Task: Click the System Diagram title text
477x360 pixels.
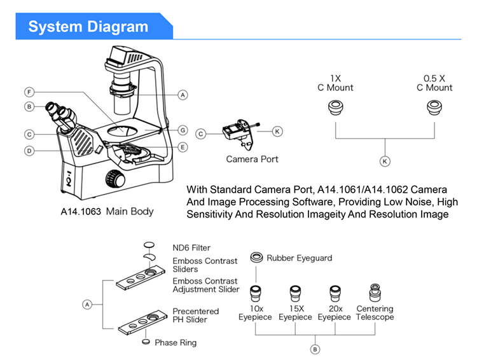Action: click(x=88, y=27)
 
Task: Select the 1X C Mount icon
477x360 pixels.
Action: click(x=335, y=107)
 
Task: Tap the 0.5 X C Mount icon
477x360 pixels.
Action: click(x=434, y=107)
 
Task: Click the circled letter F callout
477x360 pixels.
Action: click(x=29, y=92)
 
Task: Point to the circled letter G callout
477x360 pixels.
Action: click(x=183, y=130)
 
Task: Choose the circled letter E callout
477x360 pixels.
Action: click(x=183, y=147)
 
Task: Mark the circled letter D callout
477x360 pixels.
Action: click(x=29, y=151)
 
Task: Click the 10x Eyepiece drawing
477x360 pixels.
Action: click(x=255, y=293)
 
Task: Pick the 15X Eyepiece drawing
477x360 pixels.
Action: click(x=295, y=293)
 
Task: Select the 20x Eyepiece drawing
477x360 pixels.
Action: click(x=335, y=293)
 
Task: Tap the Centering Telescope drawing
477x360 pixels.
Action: click(x=375, y=293)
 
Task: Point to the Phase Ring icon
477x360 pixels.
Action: click(x=147, y=342)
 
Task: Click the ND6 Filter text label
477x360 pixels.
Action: click(x=191, y=247)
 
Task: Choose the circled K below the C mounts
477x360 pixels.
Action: click(x=384, y=162)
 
